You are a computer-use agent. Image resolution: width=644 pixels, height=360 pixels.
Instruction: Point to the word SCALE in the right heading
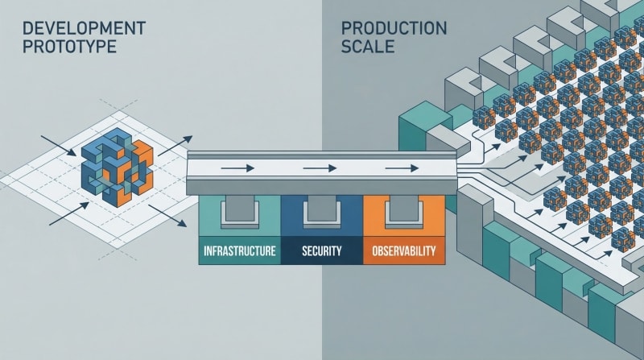367,47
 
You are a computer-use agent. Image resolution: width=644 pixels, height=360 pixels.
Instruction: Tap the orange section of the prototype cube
139,161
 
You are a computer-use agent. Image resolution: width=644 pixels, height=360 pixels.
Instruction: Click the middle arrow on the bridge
320,169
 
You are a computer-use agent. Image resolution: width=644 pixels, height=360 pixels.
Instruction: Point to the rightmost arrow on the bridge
401,169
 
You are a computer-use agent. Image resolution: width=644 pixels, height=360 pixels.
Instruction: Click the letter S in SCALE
347,47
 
